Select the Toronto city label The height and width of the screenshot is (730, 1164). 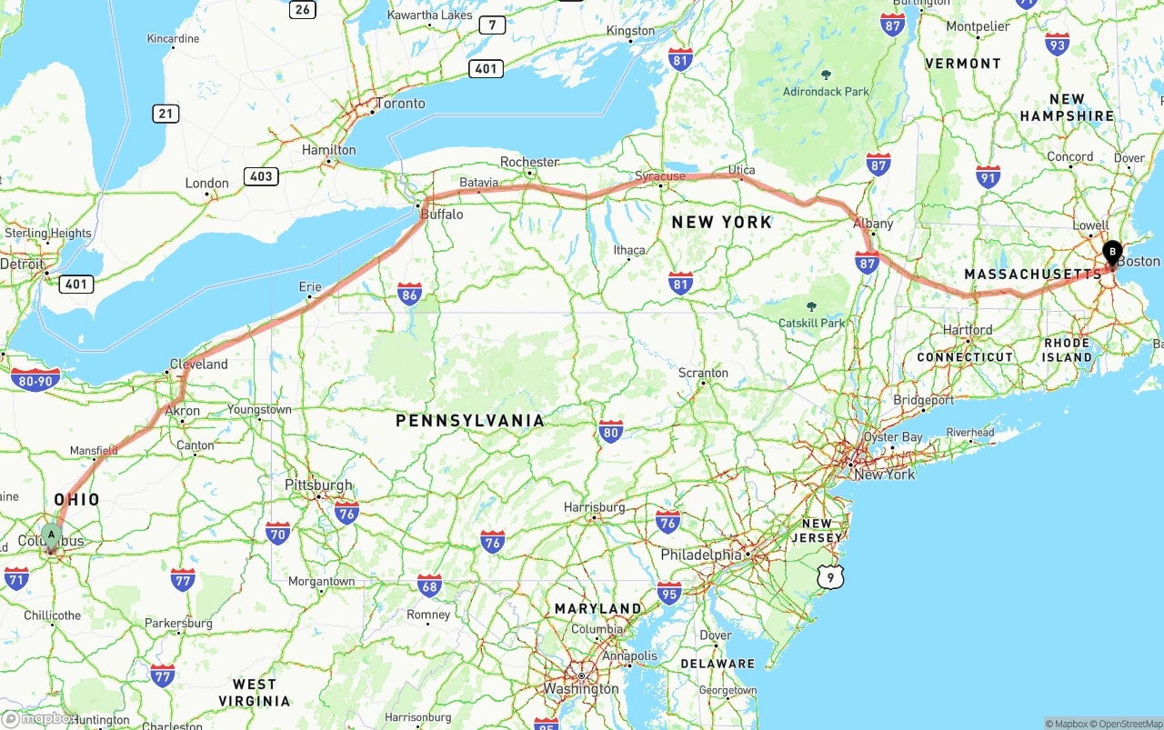(x=400, y=104)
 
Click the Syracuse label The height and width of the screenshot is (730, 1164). (x=660, y=175)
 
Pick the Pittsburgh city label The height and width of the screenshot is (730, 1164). (x=318, y=485)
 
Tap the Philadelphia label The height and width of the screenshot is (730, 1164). (x=701, y=555)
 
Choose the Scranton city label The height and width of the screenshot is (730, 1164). (x=703, y=373)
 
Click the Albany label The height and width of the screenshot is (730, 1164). (x=873, y=224)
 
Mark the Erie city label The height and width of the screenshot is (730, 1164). (x=310, y=287)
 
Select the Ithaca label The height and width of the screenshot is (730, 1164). (x=629, y=250)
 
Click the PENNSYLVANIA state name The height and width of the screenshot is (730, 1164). (x=470, y=421)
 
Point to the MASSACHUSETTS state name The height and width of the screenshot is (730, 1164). (x=1032, y=275)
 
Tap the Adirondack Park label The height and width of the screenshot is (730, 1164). (x=826, y=92)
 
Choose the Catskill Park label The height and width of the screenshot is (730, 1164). (x=812, y=323)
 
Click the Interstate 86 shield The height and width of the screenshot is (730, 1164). (x=409, y=294)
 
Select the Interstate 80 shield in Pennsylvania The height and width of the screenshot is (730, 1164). (x=611, y=431)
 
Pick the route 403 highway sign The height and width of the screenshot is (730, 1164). (x=260, y=176)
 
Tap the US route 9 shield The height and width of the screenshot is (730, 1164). (x=829, y=575)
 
